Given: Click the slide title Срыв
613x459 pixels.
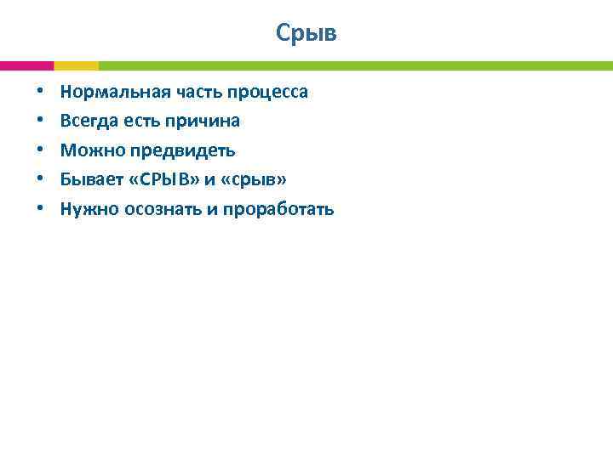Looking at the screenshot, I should [306, 33].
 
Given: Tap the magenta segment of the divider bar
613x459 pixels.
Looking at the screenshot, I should [26, 65].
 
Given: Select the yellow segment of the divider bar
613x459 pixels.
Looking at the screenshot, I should [76, 65].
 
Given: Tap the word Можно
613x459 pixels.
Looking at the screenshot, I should [88, 150].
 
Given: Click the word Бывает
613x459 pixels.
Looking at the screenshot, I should [90, 179].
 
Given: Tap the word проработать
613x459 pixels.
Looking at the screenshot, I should [278, 209].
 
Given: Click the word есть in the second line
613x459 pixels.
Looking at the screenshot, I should [140, 121].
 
